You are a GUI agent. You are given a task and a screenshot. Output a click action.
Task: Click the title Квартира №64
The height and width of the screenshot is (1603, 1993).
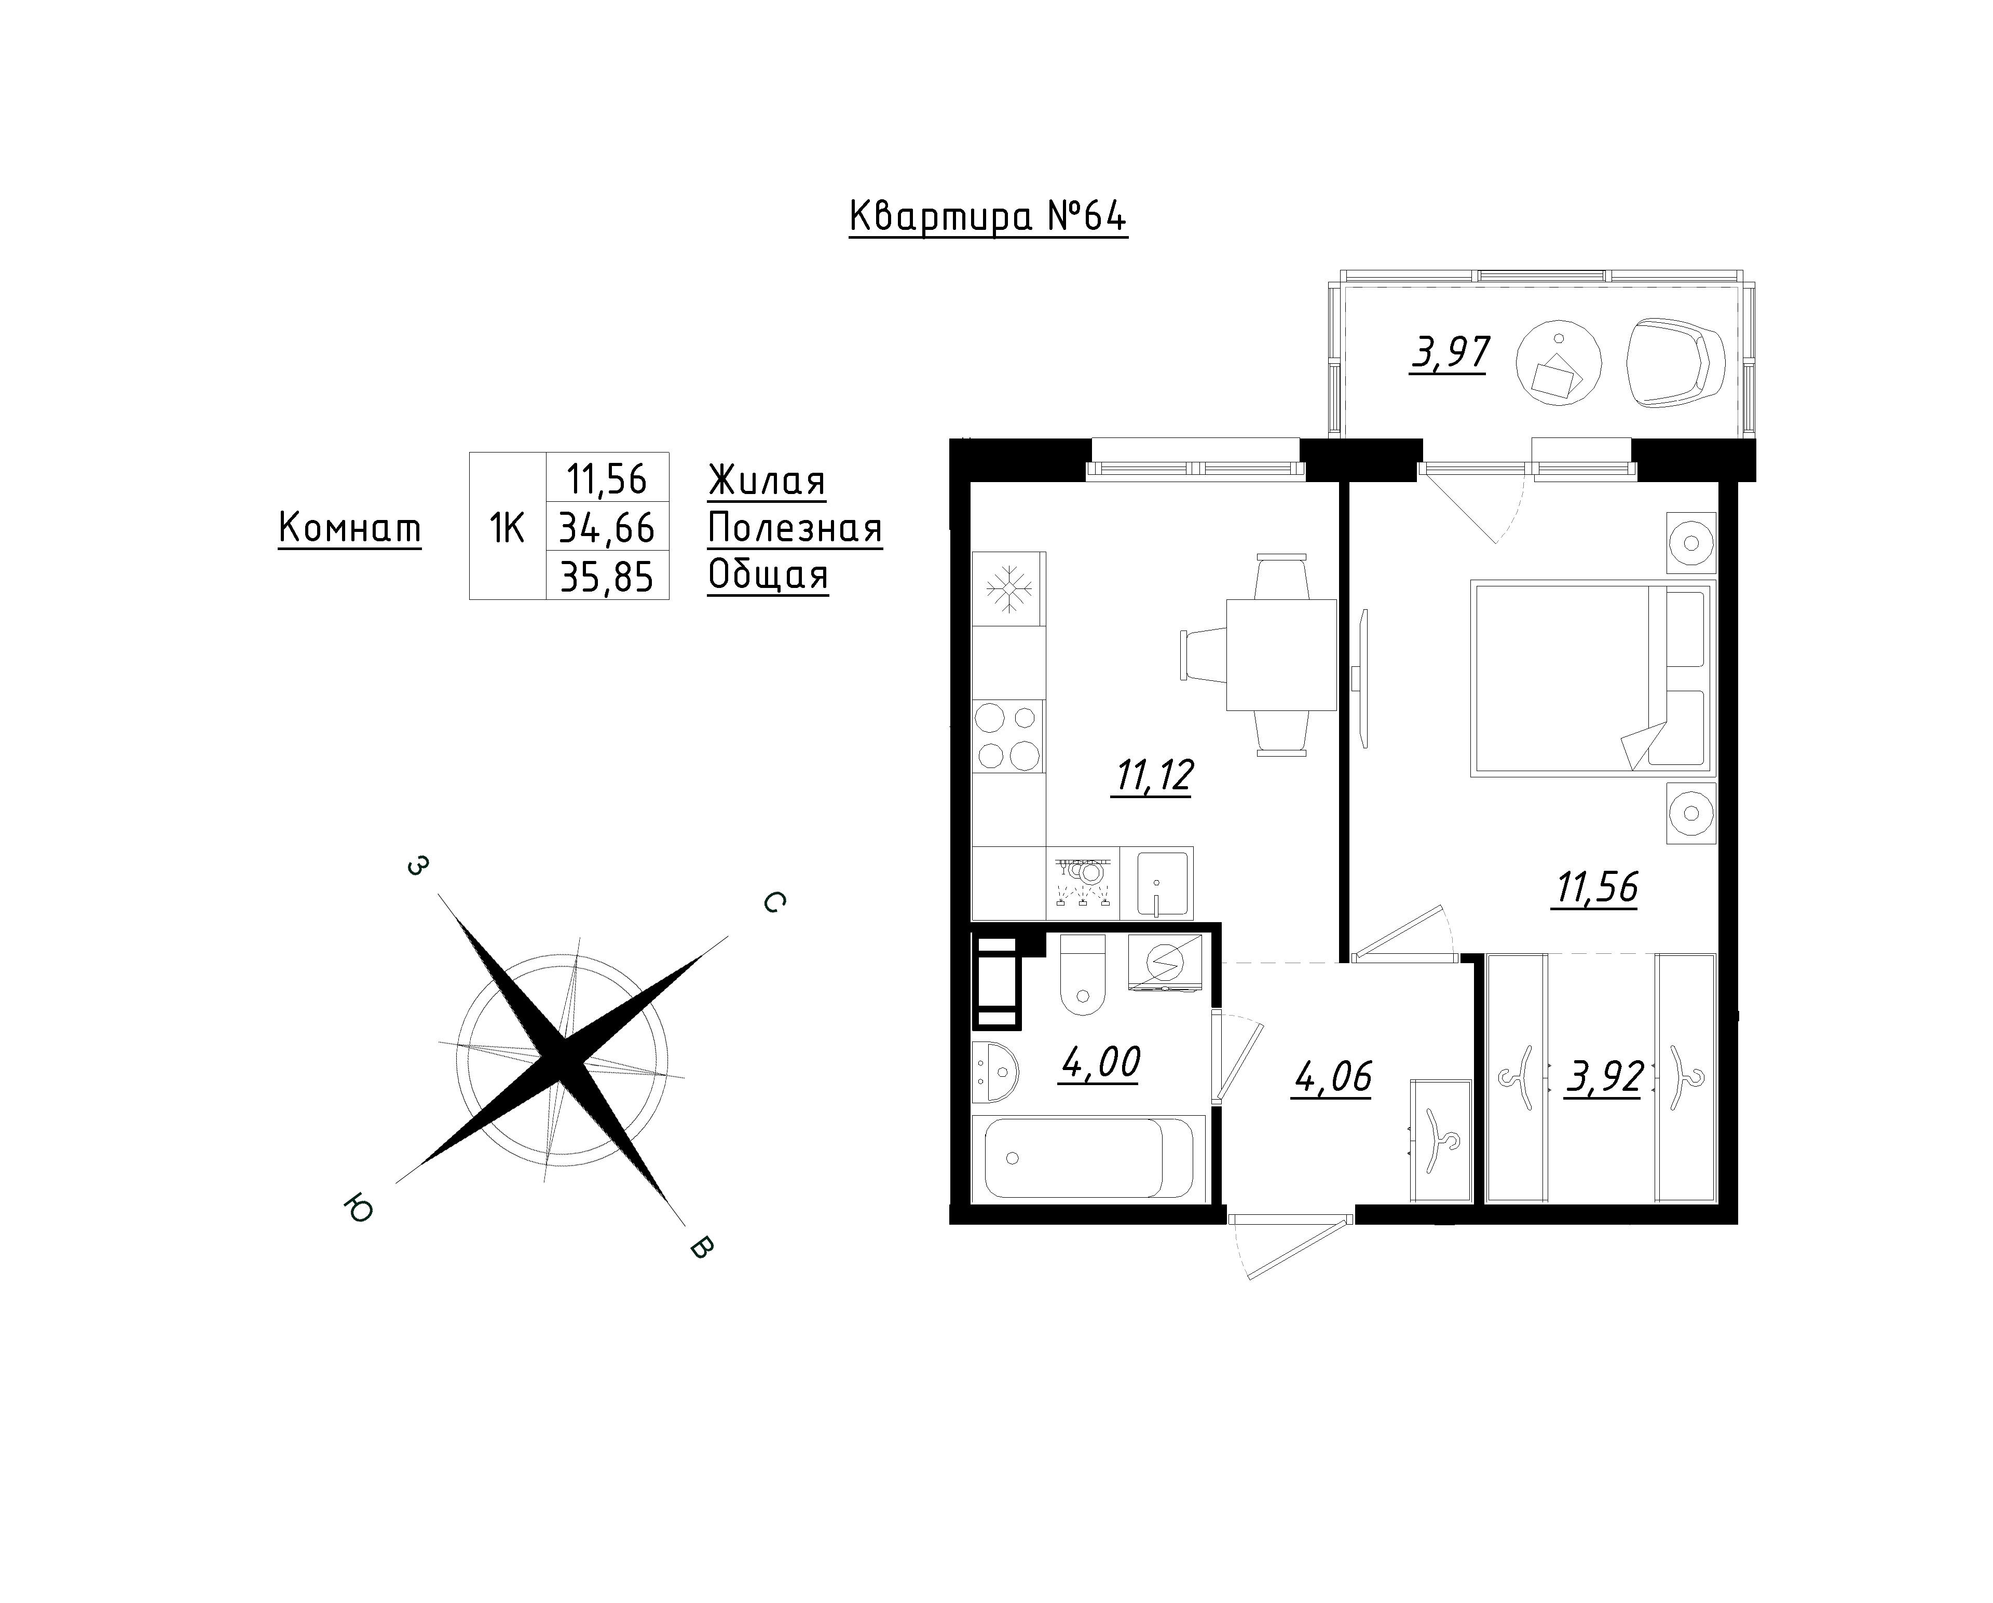pyautogui.click(x=988, y=218)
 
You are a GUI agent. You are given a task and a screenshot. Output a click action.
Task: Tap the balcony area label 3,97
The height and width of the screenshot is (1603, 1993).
pyautogui.click(x=1451, y=353)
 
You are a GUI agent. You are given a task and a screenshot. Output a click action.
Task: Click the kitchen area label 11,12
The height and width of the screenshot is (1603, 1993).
pyautogui.click(x=1155, y=776)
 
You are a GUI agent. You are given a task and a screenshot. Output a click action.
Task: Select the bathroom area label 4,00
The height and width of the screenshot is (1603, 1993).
pyautogui.click(x=1100, y=1063)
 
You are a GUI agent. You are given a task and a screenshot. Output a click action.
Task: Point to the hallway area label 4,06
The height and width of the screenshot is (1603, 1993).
pyautogui.click(x=1332, y=1077)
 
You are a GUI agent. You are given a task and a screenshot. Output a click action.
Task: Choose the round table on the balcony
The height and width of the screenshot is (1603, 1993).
pyautogui.click(x=1560, y=363)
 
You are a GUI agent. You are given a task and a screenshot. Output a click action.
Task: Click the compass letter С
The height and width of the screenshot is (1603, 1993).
pyautogui.click(x=775, y=902)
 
